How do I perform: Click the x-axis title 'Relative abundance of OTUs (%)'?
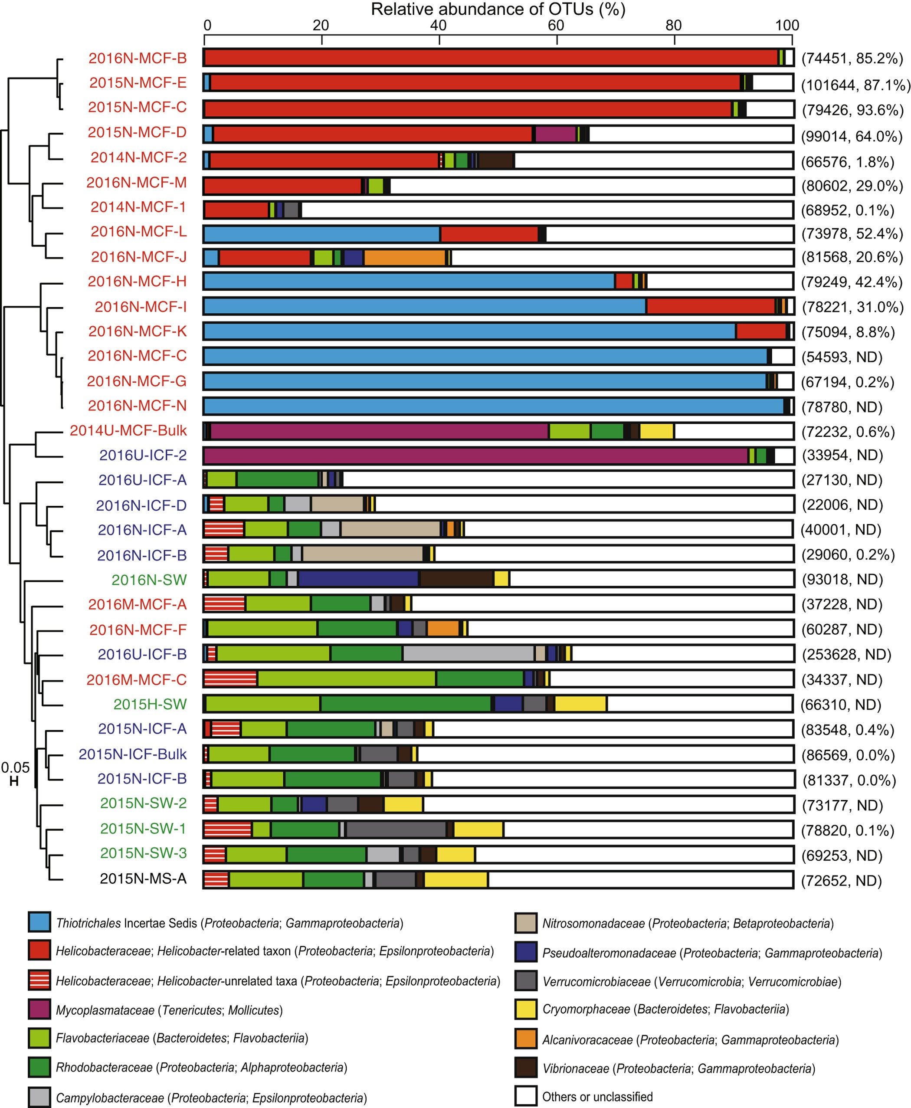point(498,9)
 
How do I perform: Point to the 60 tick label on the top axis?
point(556,25)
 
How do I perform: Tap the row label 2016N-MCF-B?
point(138,58)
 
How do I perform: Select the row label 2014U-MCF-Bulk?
point(128,430)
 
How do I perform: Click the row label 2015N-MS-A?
point(143,879)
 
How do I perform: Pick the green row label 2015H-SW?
point(150,704)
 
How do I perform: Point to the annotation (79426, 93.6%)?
point(852,110)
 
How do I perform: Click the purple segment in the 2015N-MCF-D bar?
point(555,134)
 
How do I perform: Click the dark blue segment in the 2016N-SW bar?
point(358,578)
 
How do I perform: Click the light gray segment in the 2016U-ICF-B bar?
point(468,653)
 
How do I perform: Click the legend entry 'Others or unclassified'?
point(597,1096)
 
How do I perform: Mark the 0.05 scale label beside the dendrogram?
point(15,767)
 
